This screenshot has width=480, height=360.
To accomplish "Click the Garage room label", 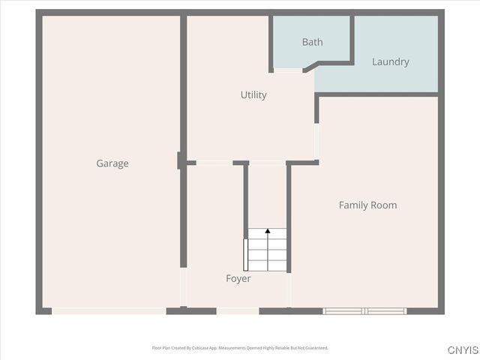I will point(112,163).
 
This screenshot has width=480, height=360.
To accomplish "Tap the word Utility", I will point(253,95).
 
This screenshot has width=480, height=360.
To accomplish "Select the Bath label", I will point(313,42).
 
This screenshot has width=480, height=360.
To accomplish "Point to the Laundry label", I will point(391,61).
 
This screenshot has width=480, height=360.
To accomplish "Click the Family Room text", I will point(367,205).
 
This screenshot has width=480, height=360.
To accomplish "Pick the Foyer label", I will point(238,278).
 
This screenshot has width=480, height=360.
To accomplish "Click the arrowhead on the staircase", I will point(268,232).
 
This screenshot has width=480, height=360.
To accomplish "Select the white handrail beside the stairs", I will point(245,255).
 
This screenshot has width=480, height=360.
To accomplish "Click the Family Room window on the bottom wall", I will point(364,310).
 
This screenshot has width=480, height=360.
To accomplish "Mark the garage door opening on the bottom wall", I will point(109,310).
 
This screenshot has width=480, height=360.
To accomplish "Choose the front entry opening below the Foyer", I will point(238,310).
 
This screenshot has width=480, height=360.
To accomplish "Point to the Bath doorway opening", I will point(287,70).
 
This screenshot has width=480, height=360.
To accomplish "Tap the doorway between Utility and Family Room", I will point(316,141).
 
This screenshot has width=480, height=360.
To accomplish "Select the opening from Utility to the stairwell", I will point(268,163).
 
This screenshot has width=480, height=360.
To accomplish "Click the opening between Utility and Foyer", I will point(214,163).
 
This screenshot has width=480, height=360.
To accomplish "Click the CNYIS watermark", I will point(463,350).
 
